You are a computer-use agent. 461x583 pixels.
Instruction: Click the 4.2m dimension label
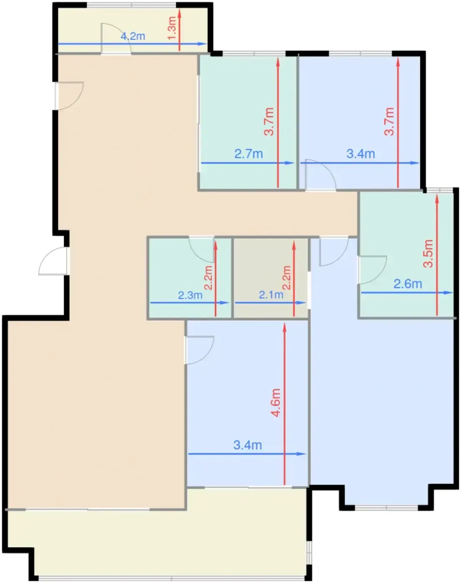[x=133, y=36]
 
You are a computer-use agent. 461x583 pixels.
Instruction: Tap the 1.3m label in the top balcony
[x=172, y=28]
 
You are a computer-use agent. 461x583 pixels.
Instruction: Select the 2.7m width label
[x=249, y=154]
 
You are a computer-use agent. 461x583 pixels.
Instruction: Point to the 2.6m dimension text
[x=408, y=284]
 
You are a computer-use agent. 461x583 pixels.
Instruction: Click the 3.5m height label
[x=428, y=254]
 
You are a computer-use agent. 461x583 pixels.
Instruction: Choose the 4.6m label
[x=275, y=403]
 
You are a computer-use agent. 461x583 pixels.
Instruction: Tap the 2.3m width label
[x=190, y=295]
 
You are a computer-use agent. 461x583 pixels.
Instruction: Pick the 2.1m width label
[x=271, y=295]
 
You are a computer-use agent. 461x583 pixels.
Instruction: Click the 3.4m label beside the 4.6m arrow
[x=247, y=445]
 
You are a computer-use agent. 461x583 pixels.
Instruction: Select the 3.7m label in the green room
[x=269, y=121]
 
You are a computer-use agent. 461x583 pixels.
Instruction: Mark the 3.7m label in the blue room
[x=389, y=121]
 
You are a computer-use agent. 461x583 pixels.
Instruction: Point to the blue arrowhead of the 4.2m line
[x=202, y=44]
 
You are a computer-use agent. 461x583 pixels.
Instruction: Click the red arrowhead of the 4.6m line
[x=284, y=328]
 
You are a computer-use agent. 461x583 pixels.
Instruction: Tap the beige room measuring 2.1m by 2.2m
[x=271, y=278]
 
